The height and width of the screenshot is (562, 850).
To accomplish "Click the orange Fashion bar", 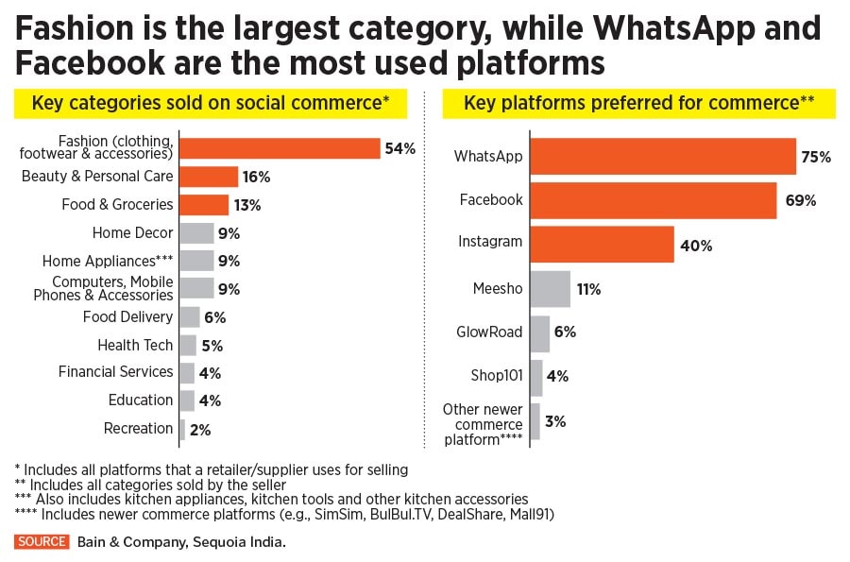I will coord(280,148).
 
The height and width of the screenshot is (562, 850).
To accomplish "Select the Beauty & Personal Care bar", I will coord(209,177).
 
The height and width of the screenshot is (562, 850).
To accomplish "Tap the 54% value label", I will coord(399,148).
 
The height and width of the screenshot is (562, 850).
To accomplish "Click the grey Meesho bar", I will coord(550,289).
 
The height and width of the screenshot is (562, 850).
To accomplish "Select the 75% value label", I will coord(816,157).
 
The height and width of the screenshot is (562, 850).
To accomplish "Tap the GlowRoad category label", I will coord(490,332).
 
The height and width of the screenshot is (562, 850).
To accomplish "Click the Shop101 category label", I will coord(496,375).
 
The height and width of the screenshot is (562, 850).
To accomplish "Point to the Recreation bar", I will coord(181,429).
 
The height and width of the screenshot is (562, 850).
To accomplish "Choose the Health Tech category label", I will coord(135,345).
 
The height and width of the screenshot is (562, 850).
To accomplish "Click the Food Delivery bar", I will coord(189,317).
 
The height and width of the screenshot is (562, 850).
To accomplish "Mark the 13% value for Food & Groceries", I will coord(247,205).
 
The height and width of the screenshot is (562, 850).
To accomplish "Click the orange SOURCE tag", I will coord(42,541).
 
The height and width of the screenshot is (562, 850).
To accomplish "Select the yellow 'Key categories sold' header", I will coord(211,103).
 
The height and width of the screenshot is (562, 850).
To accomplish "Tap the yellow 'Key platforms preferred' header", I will coord(638,103).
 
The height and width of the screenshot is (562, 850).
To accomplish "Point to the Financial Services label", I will coord(115,372).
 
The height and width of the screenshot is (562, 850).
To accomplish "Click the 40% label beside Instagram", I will coord(695,246).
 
